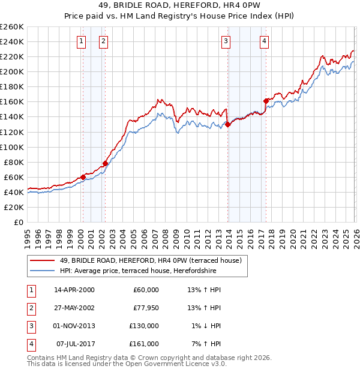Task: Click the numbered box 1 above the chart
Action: (x=81, y=41)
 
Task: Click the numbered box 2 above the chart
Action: (x=103, y=41)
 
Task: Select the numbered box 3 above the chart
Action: (x=226, y=41)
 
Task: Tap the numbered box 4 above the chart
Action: (x=264, y=41)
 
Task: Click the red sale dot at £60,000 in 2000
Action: (x=83, y=177)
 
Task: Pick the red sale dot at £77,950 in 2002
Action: (x=105, y=163)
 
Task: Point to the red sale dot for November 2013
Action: (x=227, y=124)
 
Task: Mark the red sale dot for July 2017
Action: (x=266, y=101)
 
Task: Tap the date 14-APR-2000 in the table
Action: (x=74, y=290)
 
